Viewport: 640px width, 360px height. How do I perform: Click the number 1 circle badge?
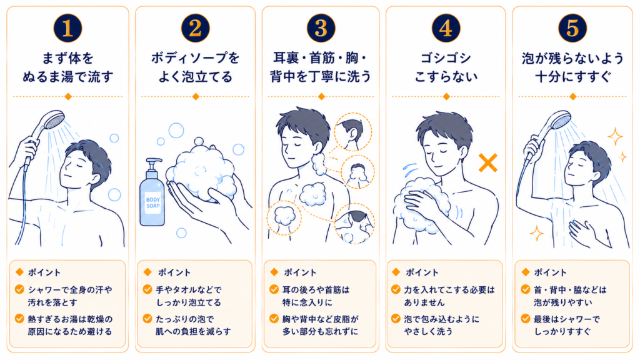[x=67, y=28]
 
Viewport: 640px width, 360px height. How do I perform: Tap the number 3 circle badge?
[x=321, y=28]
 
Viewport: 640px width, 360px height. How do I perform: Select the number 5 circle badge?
[x=572, y=28]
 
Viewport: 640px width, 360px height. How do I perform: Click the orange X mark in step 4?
[x=487, y=162]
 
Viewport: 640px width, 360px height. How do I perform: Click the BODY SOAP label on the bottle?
[x=153, y=203]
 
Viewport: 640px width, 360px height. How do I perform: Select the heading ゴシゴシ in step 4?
[x=446, y=58]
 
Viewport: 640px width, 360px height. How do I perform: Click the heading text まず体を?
[x=67, y=58]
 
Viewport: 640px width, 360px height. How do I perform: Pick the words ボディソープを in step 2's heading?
[x=195, y=58]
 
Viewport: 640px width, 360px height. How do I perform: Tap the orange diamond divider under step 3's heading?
[x=321, y=97]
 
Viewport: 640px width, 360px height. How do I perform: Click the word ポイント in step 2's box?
[x=174, y=272]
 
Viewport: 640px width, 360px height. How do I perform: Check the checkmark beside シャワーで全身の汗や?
[x=19, y=289]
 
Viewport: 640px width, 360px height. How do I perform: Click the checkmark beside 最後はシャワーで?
[x=525, y=318]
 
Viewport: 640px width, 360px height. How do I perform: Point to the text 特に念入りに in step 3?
[x=307, y=302]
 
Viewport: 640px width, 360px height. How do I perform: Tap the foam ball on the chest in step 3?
[x=312, y=194]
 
